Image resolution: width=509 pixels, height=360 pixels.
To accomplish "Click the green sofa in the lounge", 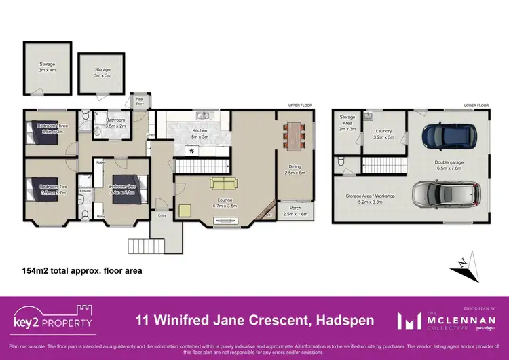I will [224, 183].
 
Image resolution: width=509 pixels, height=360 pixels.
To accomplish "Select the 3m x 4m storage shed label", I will [47, 67].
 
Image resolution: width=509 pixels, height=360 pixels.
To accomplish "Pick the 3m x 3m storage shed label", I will [102, 72].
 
